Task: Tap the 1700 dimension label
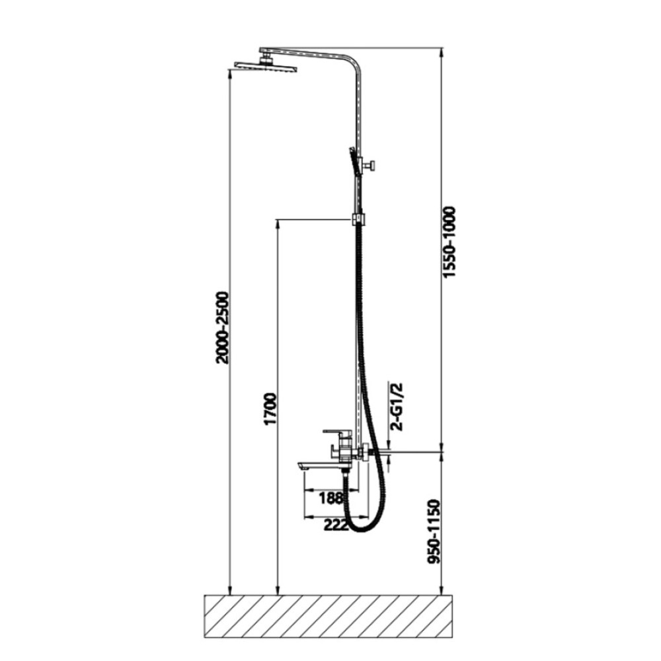point(270,409)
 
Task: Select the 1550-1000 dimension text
point(449,242)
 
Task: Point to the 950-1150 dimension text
point(434,531)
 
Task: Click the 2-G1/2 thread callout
point(397,407)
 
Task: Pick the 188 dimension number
point(331,498)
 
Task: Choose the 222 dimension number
point(336,525)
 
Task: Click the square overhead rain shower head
point(266,65)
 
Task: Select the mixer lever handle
point(337,432)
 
